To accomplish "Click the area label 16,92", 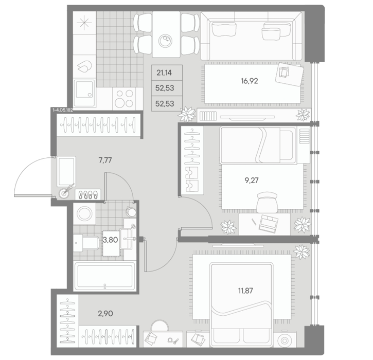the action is coord(249,81).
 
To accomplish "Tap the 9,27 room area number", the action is coord(252,181).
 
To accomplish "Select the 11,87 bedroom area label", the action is coord(245,291).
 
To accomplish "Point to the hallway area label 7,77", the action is coord(105,160).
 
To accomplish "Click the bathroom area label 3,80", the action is coord(111,240).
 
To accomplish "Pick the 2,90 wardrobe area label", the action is coord(105,314).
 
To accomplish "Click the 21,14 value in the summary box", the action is coord(164,73).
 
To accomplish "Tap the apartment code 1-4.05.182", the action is coord(63,110).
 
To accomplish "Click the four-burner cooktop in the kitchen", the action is coord(124,98).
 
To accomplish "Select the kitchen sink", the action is coord(84,94).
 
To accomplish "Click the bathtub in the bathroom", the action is coord(104,276).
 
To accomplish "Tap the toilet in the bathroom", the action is coord(86,243).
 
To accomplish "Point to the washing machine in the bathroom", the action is coord(84,214).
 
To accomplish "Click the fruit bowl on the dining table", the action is coord(165,41).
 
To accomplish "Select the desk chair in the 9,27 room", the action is coord(268,203).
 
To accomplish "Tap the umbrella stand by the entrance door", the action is coord(64,193).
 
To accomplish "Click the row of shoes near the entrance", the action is coord(88,194).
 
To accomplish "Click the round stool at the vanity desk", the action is coord(159,325).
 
